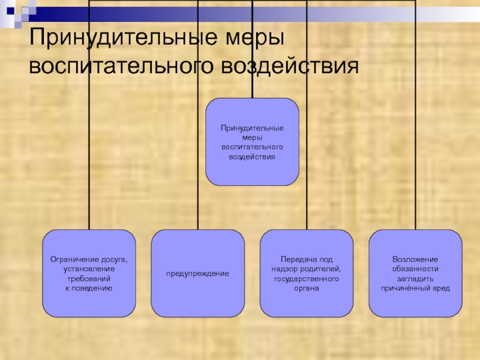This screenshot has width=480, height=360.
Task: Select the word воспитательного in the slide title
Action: click(122, 65)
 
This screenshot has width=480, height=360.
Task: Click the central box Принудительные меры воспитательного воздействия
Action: click(252, 142)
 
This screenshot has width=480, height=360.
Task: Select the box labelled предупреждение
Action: click(198, 274)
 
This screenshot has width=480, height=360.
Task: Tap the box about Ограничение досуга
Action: click(89, 274)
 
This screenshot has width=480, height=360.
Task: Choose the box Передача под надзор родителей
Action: click(307, 274)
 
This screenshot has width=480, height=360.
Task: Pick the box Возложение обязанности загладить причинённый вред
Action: click(415, 274)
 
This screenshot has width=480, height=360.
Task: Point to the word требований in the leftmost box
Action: click(89, 278)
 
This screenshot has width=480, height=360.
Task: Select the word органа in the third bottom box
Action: click(307, 288)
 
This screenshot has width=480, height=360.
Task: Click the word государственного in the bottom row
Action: click(307, 278)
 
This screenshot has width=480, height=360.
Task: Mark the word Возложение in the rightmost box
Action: click(415, 259)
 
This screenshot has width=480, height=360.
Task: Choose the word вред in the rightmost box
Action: click(440, 288)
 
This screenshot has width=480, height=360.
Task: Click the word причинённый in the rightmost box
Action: click(405, 288)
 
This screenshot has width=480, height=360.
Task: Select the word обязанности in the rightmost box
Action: click(415, 269)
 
